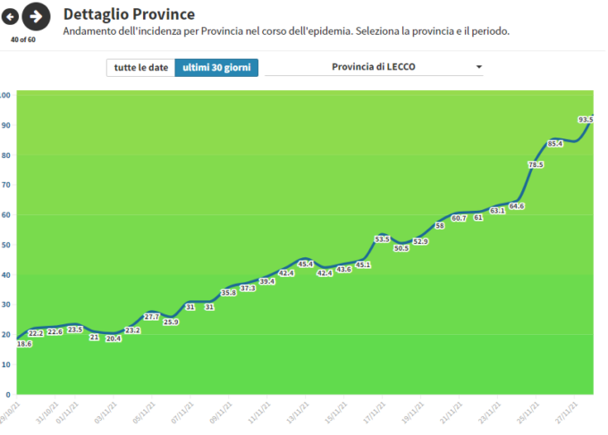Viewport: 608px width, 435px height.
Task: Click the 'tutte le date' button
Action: pos(140,68)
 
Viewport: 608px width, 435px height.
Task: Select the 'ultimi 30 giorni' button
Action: pos(216,68)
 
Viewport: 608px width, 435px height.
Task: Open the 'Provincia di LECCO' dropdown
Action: pos(374,68)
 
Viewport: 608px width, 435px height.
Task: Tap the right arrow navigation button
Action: pos(36,16)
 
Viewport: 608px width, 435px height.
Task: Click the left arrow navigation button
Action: pos(10,16)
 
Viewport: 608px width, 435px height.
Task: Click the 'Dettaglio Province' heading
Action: pos(129,14)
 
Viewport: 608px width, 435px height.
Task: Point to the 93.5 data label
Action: pos(587,119)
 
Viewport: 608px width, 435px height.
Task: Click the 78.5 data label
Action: pos(536,164)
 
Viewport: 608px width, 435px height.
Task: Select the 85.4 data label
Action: pos(555,143)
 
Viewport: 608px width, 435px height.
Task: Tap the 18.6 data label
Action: pos(24,344)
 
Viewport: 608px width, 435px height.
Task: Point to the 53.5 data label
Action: pos(382,238)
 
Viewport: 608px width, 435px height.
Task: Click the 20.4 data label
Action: pos(113,339)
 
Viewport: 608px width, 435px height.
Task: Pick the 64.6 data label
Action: pos(517,206)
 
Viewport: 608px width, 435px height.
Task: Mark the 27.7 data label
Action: pos(151,316)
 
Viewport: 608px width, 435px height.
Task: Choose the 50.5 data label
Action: pos(401,247)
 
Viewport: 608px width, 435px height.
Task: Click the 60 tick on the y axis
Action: pos(5,214)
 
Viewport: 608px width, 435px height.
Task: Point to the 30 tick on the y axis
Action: pos(5,305)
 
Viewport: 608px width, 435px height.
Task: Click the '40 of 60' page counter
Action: pos(22,40)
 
